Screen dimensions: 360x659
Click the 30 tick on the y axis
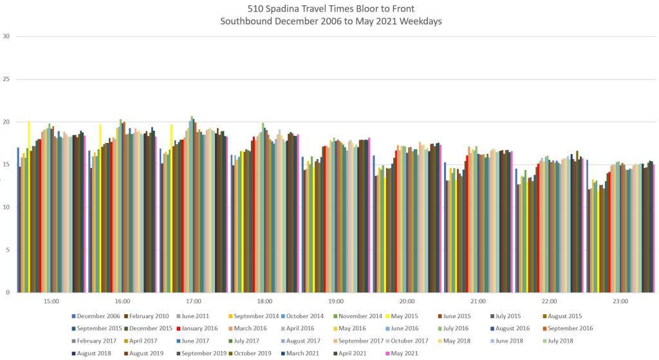[6, 36]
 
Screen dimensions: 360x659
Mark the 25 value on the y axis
[6, 79]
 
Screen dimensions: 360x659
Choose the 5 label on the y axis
[7, 250]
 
